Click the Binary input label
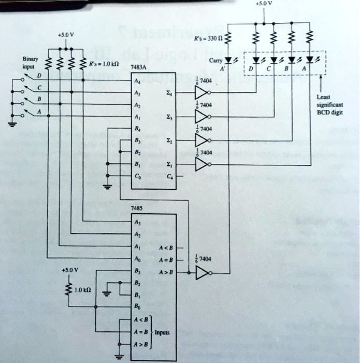pos(28,63)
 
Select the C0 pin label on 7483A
pos(136,177)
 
